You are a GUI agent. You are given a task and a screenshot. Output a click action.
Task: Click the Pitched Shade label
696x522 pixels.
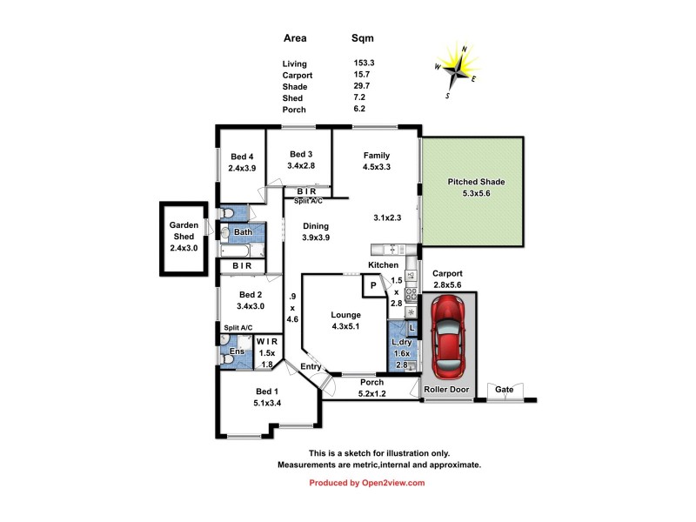click(x=476, y=182)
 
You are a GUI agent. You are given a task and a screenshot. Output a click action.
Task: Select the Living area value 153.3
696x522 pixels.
click(x=363, y=64)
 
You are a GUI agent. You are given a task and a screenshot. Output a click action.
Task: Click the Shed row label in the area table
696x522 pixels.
click(x=292, y=98)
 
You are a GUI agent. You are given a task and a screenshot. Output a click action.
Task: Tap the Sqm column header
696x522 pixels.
click(x=363, y=38)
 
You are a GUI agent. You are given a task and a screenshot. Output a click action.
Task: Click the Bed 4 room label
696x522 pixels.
click(x=242, y=157)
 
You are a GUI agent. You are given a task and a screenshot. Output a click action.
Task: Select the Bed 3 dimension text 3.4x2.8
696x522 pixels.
click(x=298, y=164)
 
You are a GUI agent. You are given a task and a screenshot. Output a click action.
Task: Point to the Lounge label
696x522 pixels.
click(x=345, y=315)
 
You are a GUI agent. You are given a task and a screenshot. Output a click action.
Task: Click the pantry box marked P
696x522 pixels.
click(x=373, y=284)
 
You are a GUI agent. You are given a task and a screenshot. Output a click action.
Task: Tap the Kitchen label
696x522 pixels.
click(x=383, y=264)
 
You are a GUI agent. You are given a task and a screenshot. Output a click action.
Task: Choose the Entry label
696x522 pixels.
click(x=311, y=367)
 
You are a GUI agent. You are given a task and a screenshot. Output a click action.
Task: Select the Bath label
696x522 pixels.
click(x=243, y=232)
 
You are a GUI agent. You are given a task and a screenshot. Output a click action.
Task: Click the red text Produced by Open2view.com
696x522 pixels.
click(x=367, y=483)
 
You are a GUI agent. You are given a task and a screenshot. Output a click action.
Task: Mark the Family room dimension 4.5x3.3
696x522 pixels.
click(x=376, y=167)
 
